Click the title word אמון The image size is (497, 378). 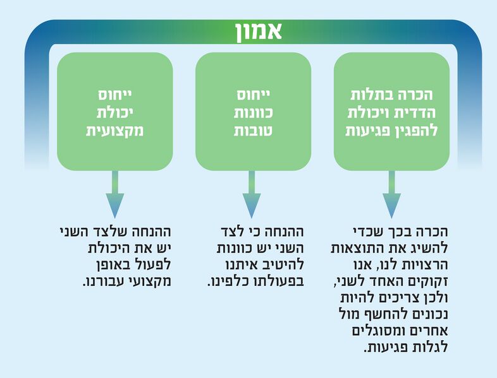[x=259, y=32]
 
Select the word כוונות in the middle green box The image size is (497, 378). [x=254, y=113]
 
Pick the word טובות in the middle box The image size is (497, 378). [x=253, y=131]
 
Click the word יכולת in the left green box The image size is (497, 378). [x=114, y=113]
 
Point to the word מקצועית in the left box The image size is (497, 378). [x=114, y=131]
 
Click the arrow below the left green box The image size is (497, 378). [x=114, y=194]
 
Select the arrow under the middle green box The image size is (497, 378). [x=252, y=194]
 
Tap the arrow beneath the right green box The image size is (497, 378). [x=392, y=194]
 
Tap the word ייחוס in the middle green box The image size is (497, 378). [x=254, y=95]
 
